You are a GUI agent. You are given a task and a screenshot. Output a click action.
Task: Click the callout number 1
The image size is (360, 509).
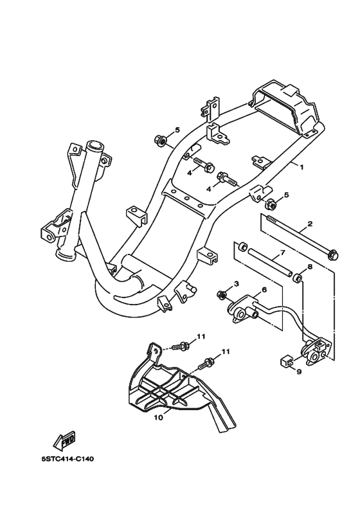[300, 166]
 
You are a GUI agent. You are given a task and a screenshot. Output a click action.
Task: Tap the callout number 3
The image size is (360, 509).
[237, 284]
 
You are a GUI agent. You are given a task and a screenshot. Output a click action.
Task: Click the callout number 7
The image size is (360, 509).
[282, 253]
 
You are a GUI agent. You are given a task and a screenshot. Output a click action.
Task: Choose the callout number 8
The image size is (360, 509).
[309, 266]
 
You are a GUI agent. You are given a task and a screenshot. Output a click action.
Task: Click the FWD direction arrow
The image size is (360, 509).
[64, 440]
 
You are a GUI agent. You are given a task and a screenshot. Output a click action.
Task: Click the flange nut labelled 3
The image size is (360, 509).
[222, 295]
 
